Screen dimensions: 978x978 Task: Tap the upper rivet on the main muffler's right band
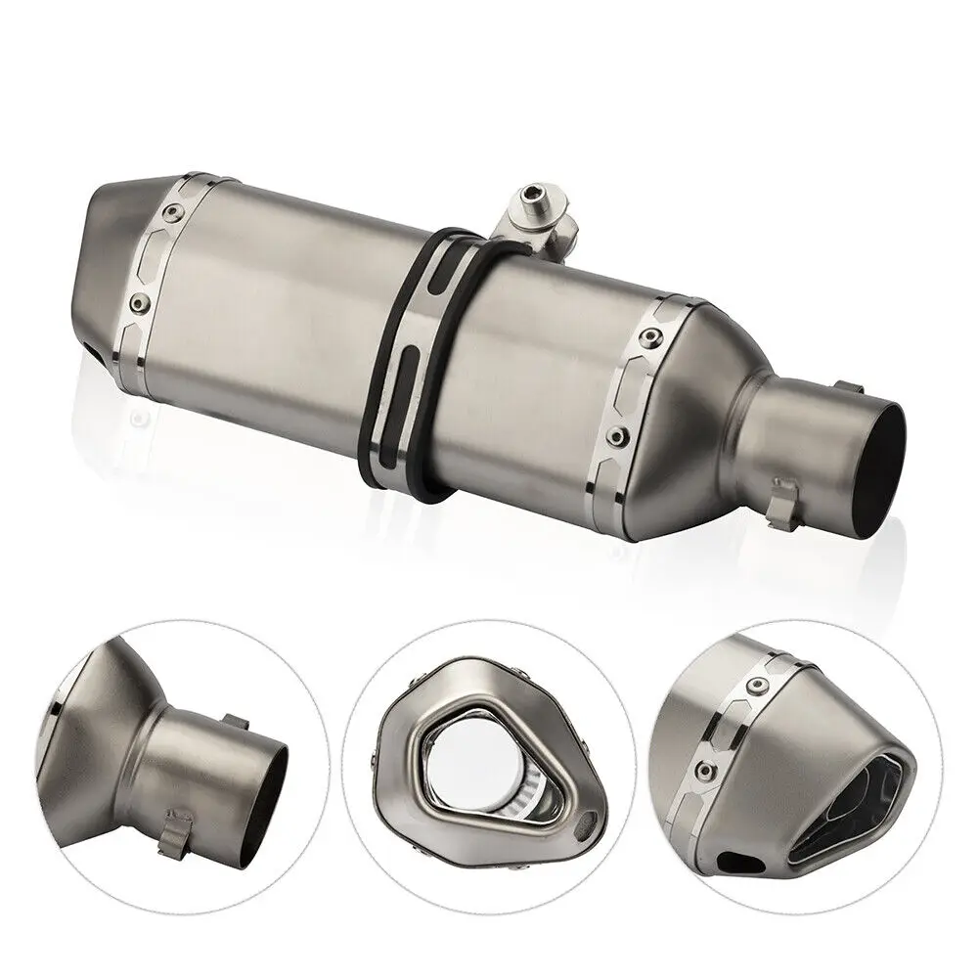coord(647,337)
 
